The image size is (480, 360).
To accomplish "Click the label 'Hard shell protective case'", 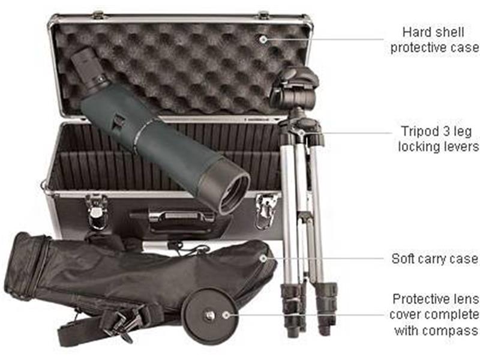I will pos(434,40).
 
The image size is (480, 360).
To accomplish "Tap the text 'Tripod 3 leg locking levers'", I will pos(437,139).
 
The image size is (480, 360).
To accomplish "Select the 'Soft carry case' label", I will pos(434,259).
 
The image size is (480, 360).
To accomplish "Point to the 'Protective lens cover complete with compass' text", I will pos(436,314).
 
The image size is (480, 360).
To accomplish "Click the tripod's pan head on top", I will pos(294,87).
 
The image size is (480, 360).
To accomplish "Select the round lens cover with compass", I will pos(211,315).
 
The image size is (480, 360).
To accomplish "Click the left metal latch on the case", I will pos(96,210).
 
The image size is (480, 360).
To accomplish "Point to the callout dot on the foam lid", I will pos(262,39).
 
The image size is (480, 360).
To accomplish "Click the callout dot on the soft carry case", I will pos(262,259).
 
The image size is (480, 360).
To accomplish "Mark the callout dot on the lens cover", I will pos(226,314).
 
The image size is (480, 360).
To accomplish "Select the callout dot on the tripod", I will pos(301,133).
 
